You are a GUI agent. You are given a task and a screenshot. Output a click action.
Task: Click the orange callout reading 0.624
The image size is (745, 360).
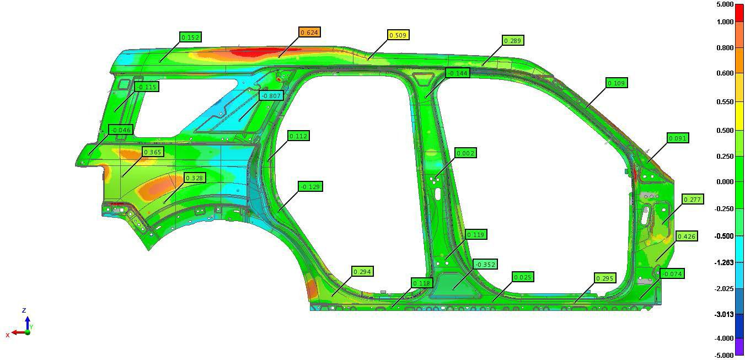309,32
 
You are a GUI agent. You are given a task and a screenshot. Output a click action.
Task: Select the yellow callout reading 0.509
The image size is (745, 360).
398,35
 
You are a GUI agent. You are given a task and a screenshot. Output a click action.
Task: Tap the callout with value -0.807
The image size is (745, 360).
271,96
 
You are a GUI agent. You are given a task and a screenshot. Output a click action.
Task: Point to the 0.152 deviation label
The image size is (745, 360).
191,37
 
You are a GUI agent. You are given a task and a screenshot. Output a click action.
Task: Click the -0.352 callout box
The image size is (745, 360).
485,265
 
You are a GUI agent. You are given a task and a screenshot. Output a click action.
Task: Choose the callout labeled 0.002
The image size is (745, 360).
465,153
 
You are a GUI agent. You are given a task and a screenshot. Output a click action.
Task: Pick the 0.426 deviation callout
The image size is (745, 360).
687,237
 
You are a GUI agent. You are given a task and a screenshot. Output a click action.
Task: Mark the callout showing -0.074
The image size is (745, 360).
672,274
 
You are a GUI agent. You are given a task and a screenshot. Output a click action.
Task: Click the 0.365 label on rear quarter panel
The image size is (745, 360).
153,152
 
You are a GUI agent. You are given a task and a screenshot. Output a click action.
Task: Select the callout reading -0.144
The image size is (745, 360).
458,73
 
